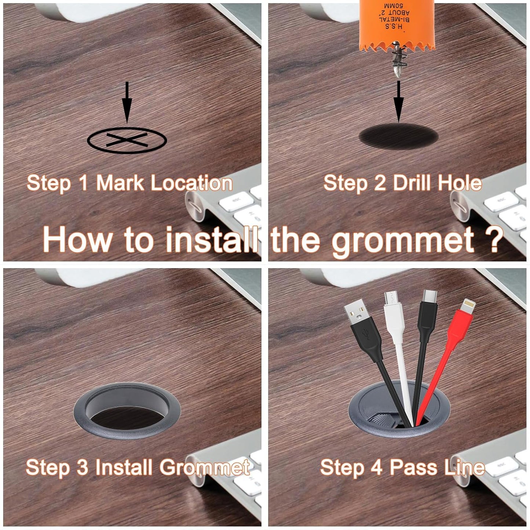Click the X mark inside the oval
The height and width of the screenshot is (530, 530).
127,140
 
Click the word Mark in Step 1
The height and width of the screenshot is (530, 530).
120,183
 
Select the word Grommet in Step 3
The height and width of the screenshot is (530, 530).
205,467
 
